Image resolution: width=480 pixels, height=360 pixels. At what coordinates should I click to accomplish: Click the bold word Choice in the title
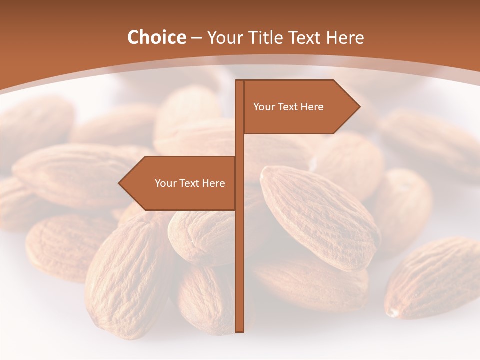pos(156,38)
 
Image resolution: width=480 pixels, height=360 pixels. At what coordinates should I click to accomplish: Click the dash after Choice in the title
pos(197,38)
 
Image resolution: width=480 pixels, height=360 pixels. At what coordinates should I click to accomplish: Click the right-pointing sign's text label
pos(288,107)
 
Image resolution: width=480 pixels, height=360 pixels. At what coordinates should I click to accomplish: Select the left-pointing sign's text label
pos(190,183)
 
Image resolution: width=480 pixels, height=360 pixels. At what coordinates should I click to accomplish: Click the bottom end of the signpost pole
pos(239,330)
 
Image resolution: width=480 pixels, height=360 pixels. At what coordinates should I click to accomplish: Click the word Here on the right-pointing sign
pos(312,107)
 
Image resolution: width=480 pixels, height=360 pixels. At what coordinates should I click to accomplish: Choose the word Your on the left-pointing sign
pos(165,183)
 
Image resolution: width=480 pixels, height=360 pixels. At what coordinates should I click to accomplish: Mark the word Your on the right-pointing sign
pos(264,107)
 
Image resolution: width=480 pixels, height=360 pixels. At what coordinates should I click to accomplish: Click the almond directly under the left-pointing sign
pos(200,235)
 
